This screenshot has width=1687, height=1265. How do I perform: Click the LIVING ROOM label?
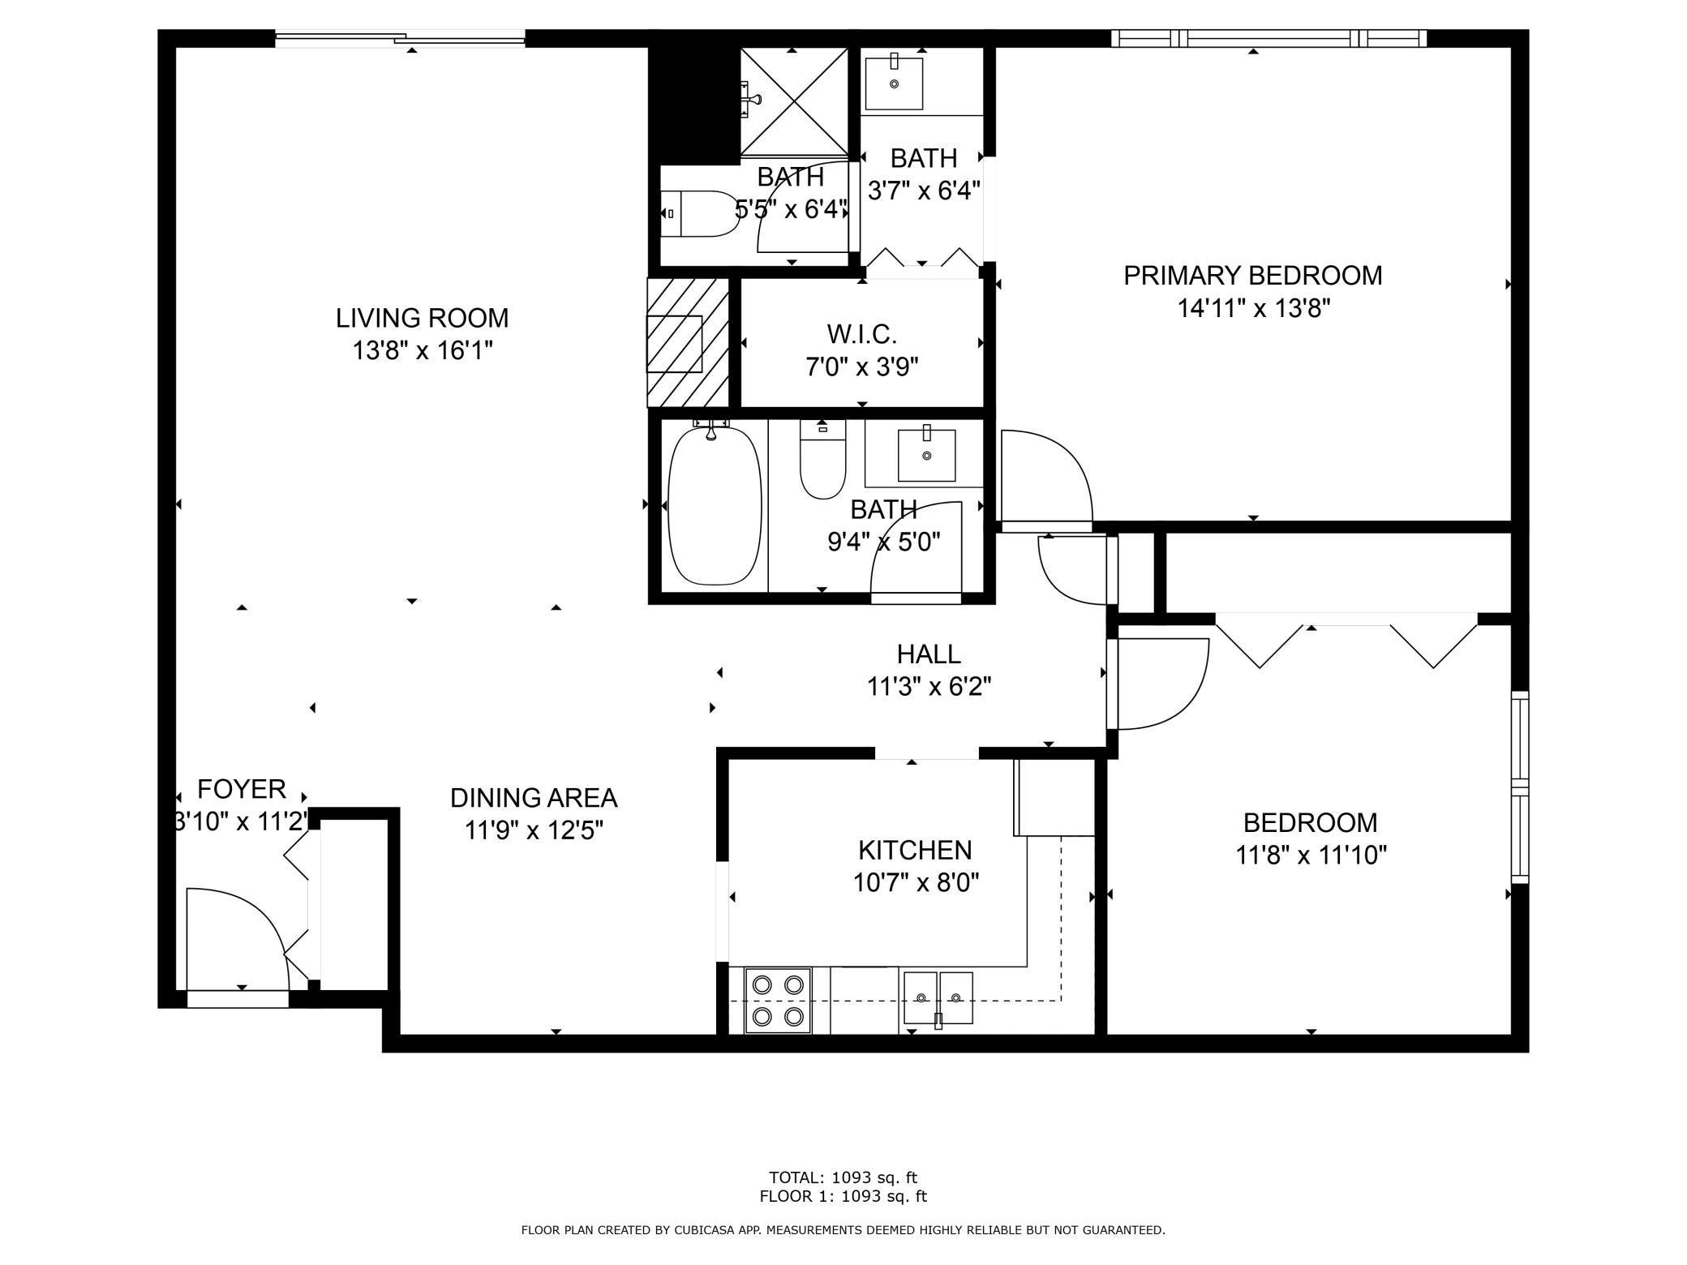(x=422, y=318)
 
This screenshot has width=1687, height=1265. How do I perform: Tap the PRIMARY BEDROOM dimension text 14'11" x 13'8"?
(x=1254, y=309)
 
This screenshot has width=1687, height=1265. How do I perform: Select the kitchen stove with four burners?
(x=778, y=1001)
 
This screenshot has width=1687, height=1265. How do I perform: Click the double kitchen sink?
(x=938, y=998)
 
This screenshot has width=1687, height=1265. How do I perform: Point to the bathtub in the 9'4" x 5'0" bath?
(x=715, y=505)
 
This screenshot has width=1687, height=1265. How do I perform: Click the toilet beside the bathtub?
(x=822, y=459)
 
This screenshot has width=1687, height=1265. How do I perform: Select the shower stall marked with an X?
(x=793, y=101)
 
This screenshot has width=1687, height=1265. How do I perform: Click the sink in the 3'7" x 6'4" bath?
(x=894, y=82)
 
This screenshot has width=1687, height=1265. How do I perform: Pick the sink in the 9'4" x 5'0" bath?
(x=926, y=456)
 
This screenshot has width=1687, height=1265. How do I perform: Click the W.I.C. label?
(x=861, y=333)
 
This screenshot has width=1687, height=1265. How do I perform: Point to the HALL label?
(x=929, y=654)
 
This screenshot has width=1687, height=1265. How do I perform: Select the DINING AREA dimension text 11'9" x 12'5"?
(x=534, y=831)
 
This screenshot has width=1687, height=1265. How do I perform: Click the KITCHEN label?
(x=915, y=850)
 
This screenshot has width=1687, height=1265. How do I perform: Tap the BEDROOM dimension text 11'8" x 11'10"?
(x=1311, y=855)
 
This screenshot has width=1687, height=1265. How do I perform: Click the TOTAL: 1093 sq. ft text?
(x=843, y=1177)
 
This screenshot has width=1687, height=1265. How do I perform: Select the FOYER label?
(x=242, y=789)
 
